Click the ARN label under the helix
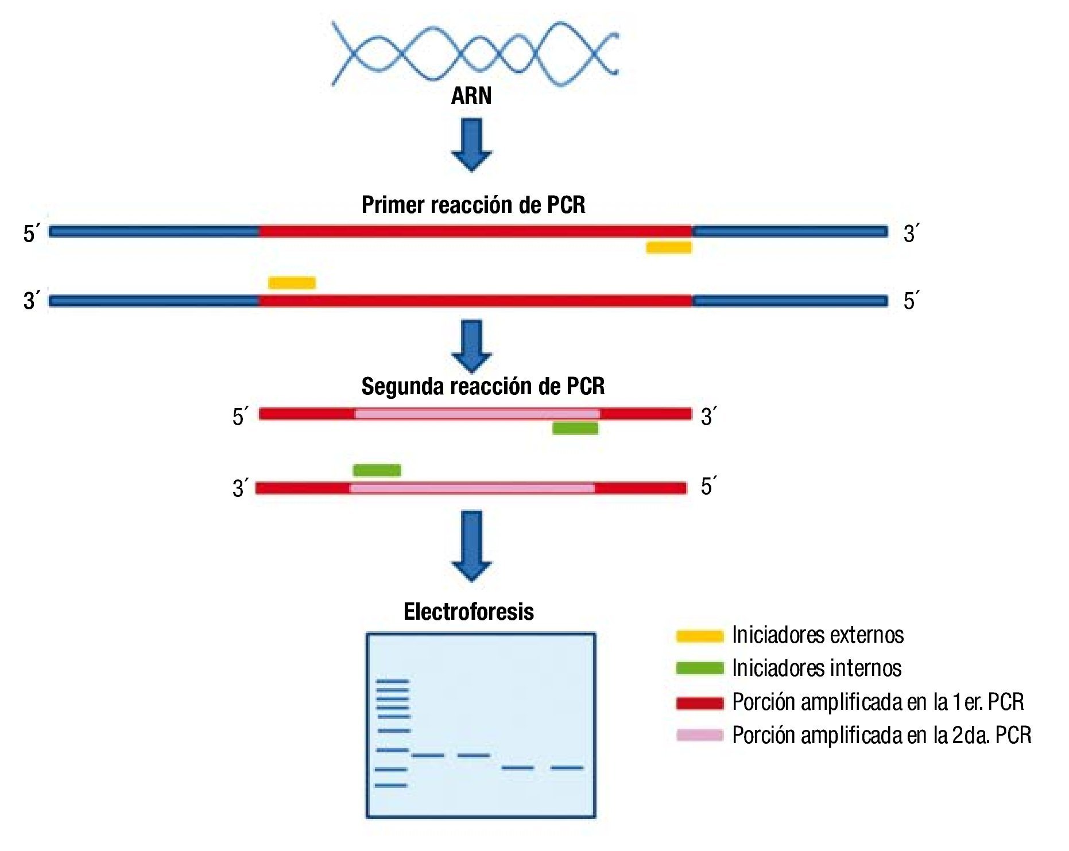pos(471,95)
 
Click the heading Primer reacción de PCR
pos(473,205)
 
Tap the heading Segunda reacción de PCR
pos(483,386)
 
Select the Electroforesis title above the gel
pos(468,612)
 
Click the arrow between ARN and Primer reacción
pos(471,144)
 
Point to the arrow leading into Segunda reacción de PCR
pos(471,346)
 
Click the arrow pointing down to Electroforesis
pos(471,545)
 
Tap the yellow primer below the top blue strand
pos(669,247)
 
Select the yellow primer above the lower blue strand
pos(292,283)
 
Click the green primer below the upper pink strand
pos(575,428)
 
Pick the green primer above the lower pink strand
pos(377,471)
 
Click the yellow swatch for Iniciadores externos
pos(699,636)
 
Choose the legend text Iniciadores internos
pos(816,669)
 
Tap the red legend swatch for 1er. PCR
pos(699,703)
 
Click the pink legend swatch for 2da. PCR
pos(699,736)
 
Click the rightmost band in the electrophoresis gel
pos(567,767)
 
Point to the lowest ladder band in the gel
pos(391,785)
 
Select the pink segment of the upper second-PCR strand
pos(477,414)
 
